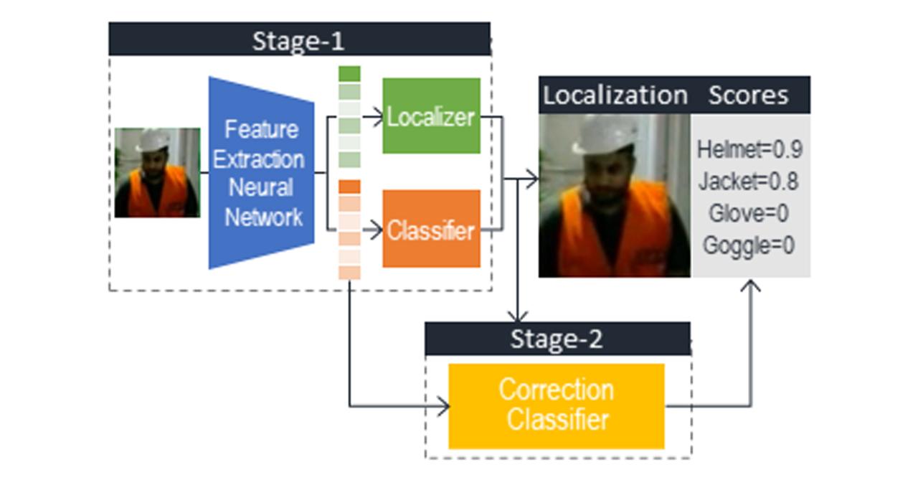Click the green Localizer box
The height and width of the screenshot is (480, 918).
tap(431, 116)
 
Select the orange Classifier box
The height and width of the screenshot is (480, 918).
tap(431, 230)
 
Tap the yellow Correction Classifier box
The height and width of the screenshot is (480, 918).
tap(557, 405)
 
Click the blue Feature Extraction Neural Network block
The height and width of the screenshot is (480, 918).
tap(262, 173)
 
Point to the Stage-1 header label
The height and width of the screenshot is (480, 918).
tap(298, 40)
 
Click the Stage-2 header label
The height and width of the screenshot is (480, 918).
tap(557, 339)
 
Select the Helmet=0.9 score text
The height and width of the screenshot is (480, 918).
tap(749, 150)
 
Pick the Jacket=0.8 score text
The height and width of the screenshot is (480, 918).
tap(748, 182)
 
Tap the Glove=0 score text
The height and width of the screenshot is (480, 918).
tap(749, 213)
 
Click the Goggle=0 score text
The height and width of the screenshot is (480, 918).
tap(748, 245)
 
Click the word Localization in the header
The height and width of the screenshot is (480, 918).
tap(615, 95)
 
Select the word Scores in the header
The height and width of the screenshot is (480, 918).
tap(748, 95)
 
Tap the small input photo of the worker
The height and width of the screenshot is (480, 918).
tap(157, 173)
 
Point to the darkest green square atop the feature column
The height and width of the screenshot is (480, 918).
tap(349, 74)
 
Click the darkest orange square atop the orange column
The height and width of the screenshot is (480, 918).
tap(349, 187)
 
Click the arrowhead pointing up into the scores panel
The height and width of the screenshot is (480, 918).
tap(750, 287)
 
